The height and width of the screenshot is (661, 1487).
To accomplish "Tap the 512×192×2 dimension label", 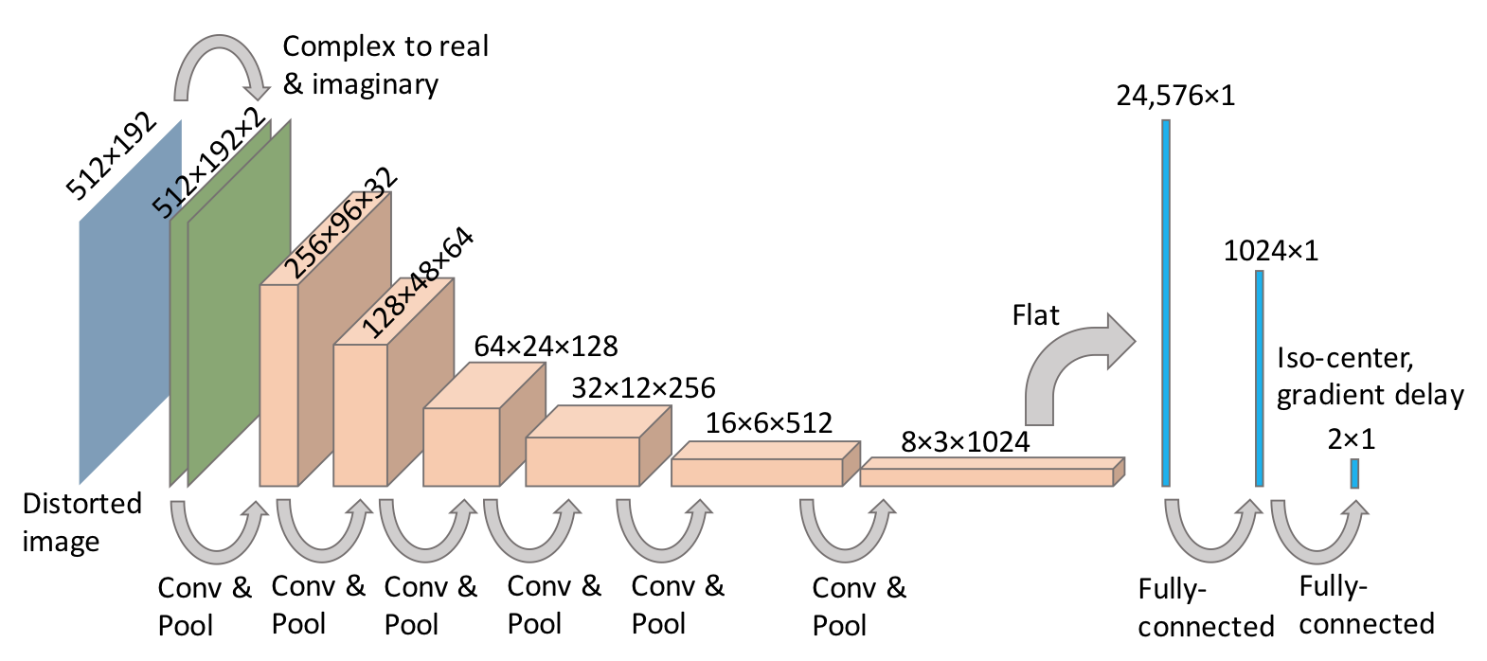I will [x=209, y=163].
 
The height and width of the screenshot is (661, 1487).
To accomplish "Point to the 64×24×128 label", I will [x=546, y=347].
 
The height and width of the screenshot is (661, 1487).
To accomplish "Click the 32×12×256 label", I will [x=643, y=388].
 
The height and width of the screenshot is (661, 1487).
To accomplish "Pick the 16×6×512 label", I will [x=768, y=423].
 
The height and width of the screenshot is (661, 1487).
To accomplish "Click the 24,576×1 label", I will [x=1175, y=96].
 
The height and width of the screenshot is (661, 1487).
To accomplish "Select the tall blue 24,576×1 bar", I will [x=1166, y=303].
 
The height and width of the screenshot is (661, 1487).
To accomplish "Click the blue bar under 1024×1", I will [x=1259, y=379].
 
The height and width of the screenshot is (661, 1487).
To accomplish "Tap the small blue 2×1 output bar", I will [x=1354, y=473].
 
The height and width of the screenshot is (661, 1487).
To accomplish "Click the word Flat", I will [x=1035, y=315].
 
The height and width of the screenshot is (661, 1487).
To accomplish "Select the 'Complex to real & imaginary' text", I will [x=385, y=65].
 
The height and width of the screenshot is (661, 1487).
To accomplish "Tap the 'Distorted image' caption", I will [x=81, y=522].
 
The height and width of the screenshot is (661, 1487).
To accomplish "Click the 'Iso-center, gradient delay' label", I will [x=1370, y=376].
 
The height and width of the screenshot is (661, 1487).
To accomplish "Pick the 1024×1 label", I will [x=1270, y=251].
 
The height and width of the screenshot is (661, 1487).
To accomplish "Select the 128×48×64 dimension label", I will [x=418, y=283].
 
